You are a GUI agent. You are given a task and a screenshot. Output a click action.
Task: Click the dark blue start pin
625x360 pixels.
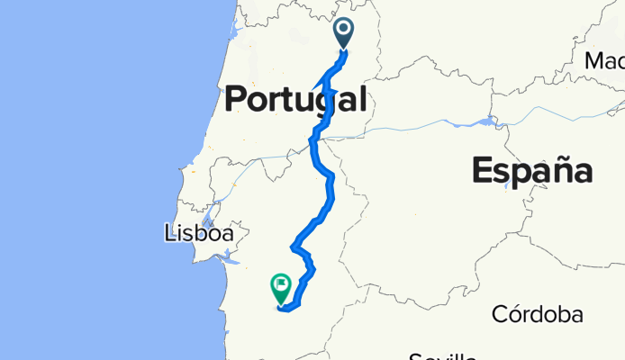tap(344, 32)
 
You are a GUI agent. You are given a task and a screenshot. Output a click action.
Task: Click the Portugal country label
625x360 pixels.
tap(294, 99)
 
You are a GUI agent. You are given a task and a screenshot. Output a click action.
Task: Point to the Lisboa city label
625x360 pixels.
tap(199, 234)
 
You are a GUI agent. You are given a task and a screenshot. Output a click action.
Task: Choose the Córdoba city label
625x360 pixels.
tap(536, 315)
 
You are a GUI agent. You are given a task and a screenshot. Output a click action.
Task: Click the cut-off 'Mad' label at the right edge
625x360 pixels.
tap(604, 60)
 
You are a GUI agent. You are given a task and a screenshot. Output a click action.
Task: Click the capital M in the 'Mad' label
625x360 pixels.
tap(594, 60)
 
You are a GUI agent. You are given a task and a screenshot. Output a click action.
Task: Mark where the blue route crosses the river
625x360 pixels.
tap(315, 139)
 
